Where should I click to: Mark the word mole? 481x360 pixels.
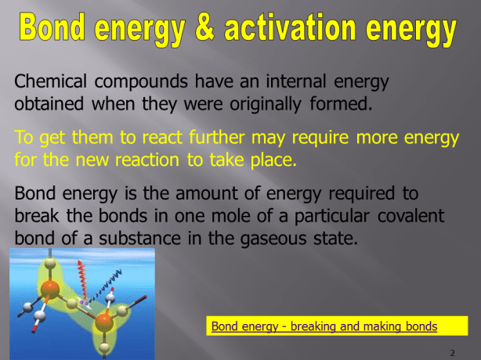point(255,216)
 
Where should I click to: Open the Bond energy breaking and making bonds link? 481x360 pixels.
point(324,326)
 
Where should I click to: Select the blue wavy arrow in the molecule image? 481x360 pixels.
point(110,286)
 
